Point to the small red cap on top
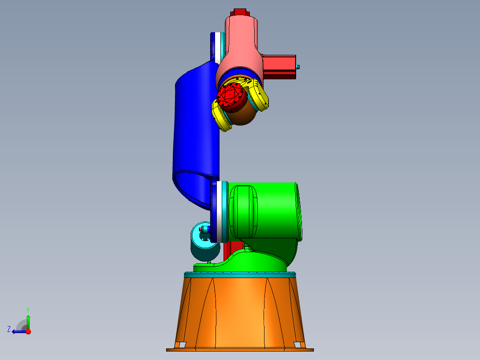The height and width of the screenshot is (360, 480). pyautogui.click(x=239, y=12)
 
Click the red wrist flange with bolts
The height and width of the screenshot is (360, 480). pyautogui.click(x=232, y=96)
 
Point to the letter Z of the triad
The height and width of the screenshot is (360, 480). pyautogui.click(x=9, y=329)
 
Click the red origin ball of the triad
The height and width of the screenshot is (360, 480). pyautogui.click(x=28, y=331)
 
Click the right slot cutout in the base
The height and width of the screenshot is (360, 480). pyautogui.click(x=298, y=344)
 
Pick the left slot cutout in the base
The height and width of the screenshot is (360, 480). pyautogui.click(x=180, y=344)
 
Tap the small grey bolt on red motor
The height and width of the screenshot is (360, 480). pyautogui.click(x=298, y=67)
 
